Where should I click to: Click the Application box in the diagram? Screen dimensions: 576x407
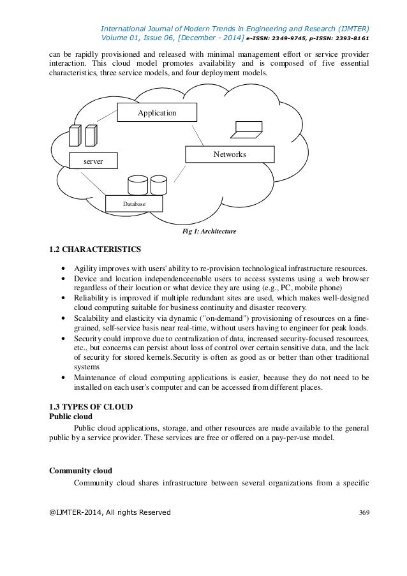point(157,112)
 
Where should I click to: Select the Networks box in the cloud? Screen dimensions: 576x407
point(230,154)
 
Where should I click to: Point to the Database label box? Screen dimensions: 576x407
point(134,203)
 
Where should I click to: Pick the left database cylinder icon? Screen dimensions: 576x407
point(137,185)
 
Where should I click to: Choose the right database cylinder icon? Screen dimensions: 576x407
point(158,185)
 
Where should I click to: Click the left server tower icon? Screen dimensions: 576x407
point(75,137)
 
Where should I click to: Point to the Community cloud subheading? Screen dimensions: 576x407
point(80,471)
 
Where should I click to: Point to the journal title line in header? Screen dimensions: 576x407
point(235,28)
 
